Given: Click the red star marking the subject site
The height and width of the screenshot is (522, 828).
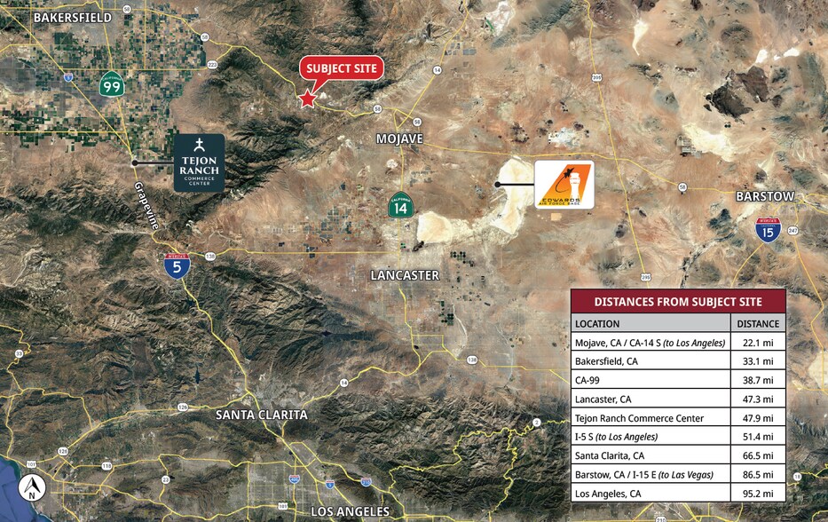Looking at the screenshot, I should [x=307, y=99].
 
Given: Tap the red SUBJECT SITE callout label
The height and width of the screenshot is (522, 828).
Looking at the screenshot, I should [x=342, y=68].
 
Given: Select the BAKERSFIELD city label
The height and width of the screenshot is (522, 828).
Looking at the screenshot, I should [x=72, y=17].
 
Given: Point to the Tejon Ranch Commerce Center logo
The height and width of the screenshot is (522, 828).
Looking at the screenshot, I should [x=200, y=163].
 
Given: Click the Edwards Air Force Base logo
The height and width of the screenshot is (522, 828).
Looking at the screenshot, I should [x=564, y=185].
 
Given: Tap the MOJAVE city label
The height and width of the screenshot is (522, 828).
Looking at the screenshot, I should [x=399, y=139].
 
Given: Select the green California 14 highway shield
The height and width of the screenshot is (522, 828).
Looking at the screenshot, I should [x=400, y=206].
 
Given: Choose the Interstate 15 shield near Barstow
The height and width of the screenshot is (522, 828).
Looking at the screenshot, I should [x=769, y=229].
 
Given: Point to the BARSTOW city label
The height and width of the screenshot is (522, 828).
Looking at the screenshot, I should [x=764, y=195].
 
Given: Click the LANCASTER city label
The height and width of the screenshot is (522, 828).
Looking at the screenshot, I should [x=405, y=275].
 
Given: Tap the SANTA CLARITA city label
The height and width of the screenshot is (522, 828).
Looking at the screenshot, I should [x=262, y=415].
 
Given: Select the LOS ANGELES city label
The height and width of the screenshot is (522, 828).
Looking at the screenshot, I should [x=350, y=511].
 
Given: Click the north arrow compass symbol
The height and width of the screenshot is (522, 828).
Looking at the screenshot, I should [x=32, y=486].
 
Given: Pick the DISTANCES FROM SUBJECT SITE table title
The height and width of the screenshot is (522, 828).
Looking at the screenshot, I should [x=677, y=302].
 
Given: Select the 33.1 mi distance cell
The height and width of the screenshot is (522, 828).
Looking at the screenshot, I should [x=757, y=361].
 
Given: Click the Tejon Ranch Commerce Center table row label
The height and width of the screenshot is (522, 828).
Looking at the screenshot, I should [x=639, y=418].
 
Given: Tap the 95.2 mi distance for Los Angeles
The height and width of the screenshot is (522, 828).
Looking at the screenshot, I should [x=757, y=494].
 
